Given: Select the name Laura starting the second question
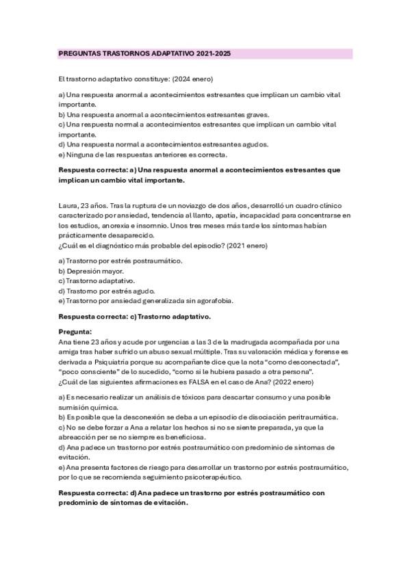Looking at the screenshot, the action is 67,205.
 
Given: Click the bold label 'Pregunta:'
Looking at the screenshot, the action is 80,332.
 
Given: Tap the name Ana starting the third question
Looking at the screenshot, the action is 65,341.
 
